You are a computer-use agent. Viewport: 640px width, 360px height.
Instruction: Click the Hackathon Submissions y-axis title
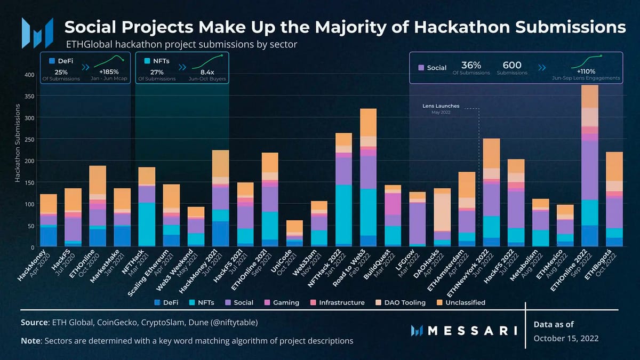point(17,143)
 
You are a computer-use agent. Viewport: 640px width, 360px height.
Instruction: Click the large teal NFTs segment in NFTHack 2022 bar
point(343,213)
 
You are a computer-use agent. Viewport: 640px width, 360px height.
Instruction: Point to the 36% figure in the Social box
point(471,66)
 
